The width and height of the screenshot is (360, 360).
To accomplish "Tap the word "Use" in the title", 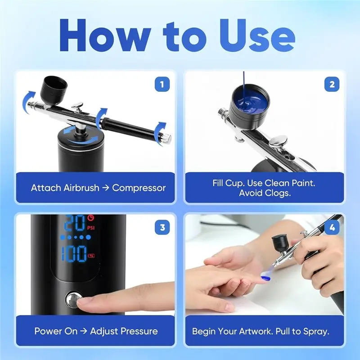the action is coord(257,35).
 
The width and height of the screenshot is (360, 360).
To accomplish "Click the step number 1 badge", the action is coord(162,84).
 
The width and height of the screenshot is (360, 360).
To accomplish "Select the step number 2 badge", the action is coord(332,84).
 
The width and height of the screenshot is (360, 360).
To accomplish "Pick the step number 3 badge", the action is coord(162,227).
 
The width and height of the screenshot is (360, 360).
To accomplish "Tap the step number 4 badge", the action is coord(332,227).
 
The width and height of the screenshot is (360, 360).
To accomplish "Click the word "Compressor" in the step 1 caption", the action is coord(139,188).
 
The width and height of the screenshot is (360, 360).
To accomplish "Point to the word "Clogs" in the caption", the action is coord(277,193).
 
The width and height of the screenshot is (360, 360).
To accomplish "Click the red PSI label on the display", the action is coord(91,228).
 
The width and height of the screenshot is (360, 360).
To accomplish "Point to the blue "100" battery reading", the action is coord(74,254).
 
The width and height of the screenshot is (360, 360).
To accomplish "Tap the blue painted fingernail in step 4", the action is coord(265,279).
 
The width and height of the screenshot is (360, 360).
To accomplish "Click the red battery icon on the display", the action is coord(91,256).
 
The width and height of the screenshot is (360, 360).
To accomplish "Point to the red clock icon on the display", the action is coord(91,217).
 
